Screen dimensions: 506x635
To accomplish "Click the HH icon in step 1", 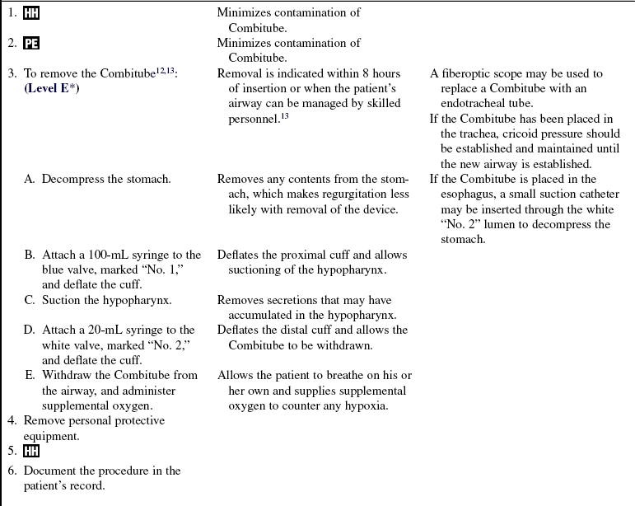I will [x=31, y=14].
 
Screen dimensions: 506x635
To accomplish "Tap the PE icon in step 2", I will [x=31, y=44].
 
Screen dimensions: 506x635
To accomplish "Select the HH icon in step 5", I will [x=31, y=452].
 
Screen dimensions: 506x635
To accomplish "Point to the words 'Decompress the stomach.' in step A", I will [x=106, y=179].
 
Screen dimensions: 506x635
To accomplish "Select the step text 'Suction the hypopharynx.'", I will [x=107, y=300].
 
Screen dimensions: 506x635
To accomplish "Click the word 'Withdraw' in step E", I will [x=68, y=375].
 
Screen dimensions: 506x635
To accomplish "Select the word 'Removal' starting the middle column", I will [x=240, y=73].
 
